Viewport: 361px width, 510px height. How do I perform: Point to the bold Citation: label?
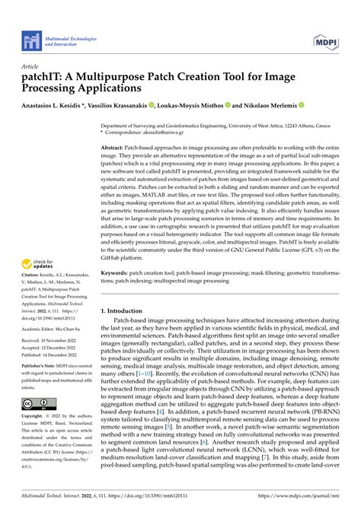pyautogui.click(x=36, y=264)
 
